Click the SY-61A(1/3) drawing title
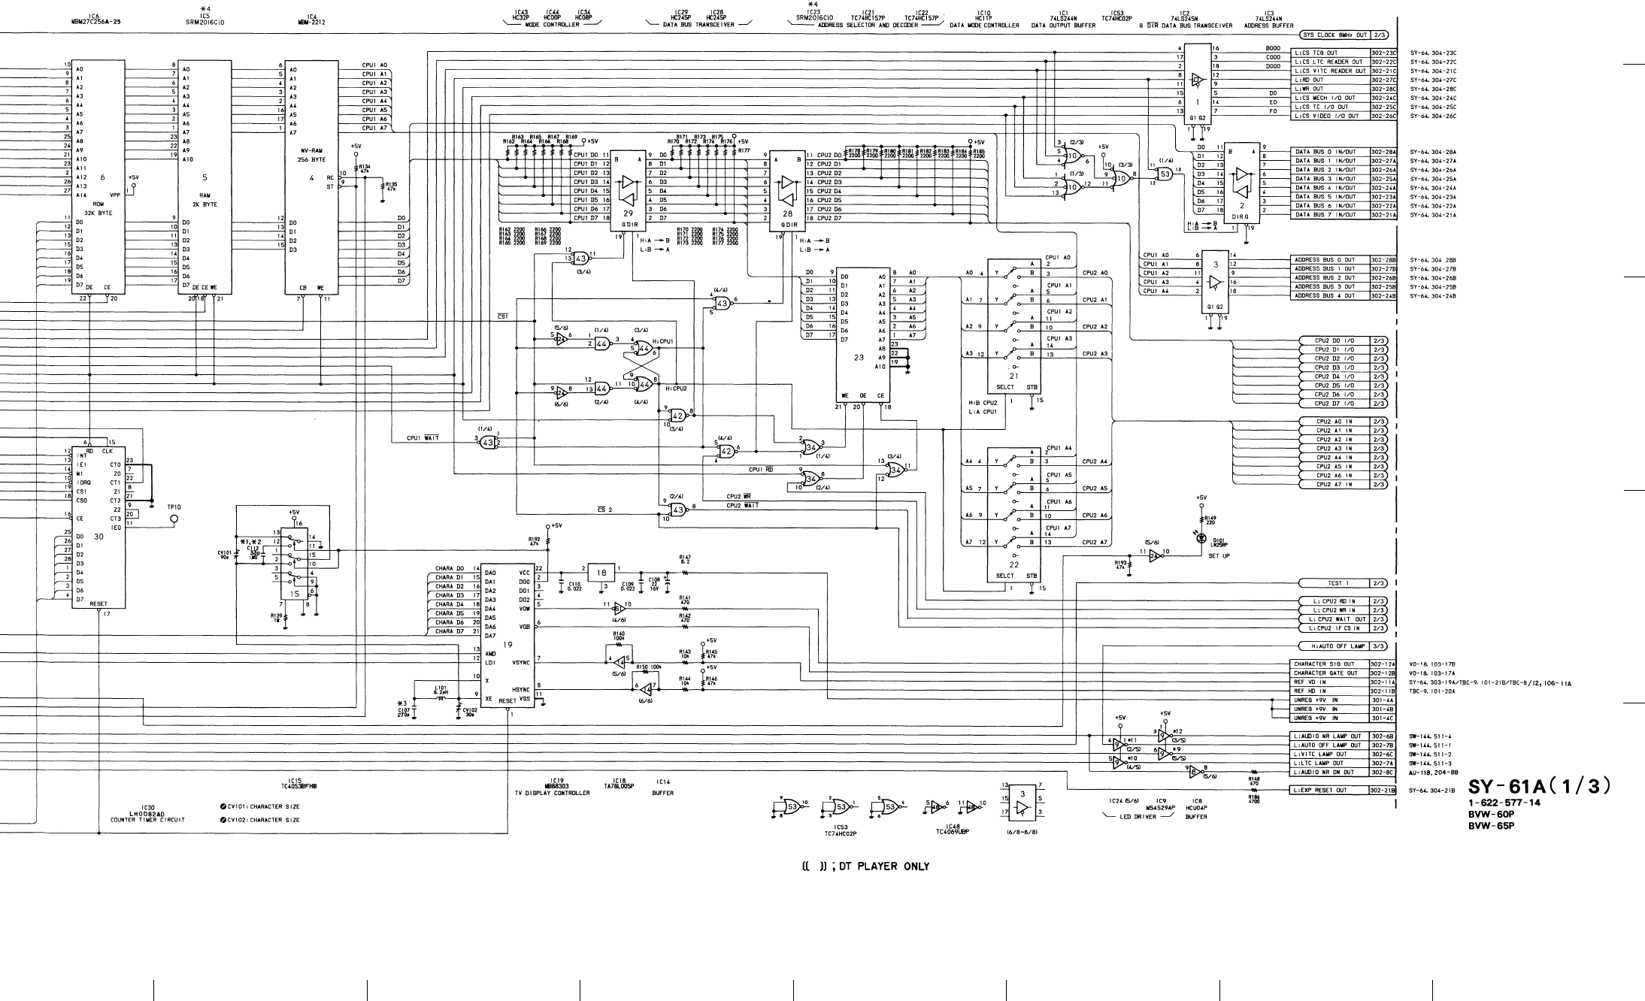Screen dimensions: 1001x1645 pos(1539,786)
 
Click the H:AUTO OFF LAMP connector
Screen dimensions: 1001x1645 pos(1336,646)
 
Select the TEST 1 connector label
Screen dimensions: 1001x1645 pos(1336,583)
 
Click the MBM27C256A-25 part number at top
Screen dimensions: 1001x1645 pos(94,23)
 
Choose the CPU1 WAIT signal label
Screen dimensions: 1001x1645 pos(423,438)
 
